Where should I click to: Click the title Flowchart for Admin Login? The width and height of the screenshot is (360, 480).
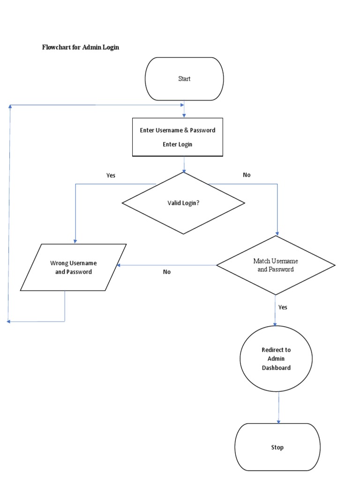click(80, 47)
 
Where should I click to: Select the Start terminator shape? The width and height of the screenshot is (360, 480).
click(184, 79)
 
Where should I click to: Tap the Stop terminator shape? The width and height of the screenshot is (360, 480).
click(277, 447)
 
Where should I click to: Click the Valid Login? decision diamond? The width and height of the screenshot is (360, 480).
click(183, 203)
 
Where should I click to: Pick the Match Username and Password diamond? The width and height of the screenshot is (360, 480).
click(276, 265)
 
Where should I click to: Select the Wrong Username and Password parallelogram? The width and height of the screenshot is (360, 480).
click(74, 267)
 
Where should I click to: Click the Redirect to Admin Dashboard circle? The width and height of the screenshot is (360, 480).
click(276, 359)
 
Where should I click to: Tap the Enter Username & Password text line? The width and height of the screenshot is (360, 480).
click(178, 130)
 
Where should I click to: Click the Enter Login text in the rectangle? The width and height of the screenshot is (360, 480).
click(178, 144)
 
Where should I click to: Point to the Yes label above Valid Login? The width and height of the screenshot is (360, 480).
click(111, 175)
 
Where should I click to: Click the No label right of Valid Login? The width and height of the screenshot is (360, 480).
click(247, 175)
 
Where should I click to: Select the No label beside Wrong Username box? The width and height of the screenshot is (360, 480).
click(167, 272)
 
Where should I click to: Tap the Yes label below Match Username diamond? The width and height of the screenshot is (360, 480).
click(283, 307)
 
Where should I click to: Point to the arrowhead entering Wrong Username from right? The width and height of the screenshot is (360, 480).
click(119, 265)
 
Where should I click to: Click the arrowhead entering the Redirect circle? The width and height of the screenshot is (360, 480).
click(275, 323)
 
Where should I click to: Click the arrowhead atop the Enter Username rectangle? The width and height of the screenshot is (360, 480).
click(184, 115)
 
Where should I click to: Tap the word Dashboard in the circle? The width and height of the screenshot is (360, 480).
click(276, 368)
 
